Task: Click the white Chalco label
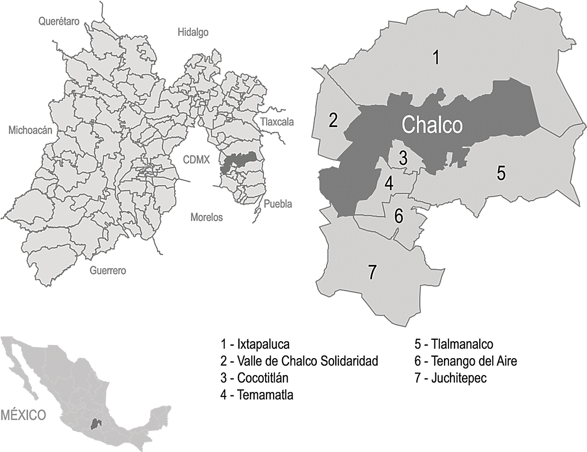coord(432,125)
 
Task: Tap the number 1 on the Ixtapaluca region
coord(435,58)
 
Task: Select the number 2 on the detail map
coord(333,120)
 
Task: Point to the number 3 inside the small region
coord(403,158)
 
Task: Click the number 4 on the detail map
coord(389,184)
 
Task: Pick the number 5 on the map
coord(501,173)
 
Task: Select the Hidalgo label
coord(193,32)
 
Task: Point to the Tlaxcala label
coord(276,122)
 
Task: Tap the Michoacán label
coord(30,131)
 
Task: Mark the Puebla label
coord(278,204)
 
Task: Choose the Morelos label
coord(207,217)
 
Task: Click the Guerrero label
coord(108,271)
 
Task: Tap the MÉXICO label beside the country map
coord(23,415)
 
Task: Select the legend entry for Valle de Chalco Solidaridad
coord(299,361)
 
